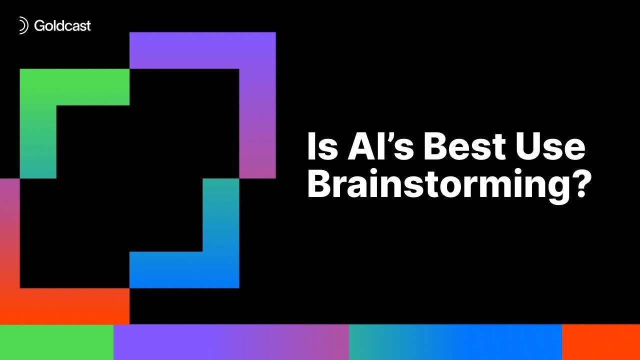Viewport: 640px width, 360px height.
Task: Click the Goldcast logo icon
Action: pyautogui.click(x=23, y=25)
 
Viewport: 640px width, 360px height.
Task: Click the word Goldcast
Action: pyautogui.click(x=62, y=25)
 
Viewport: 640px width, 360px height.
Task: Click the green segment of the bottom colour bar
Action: pyautogui.click(x=56, y=342)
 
